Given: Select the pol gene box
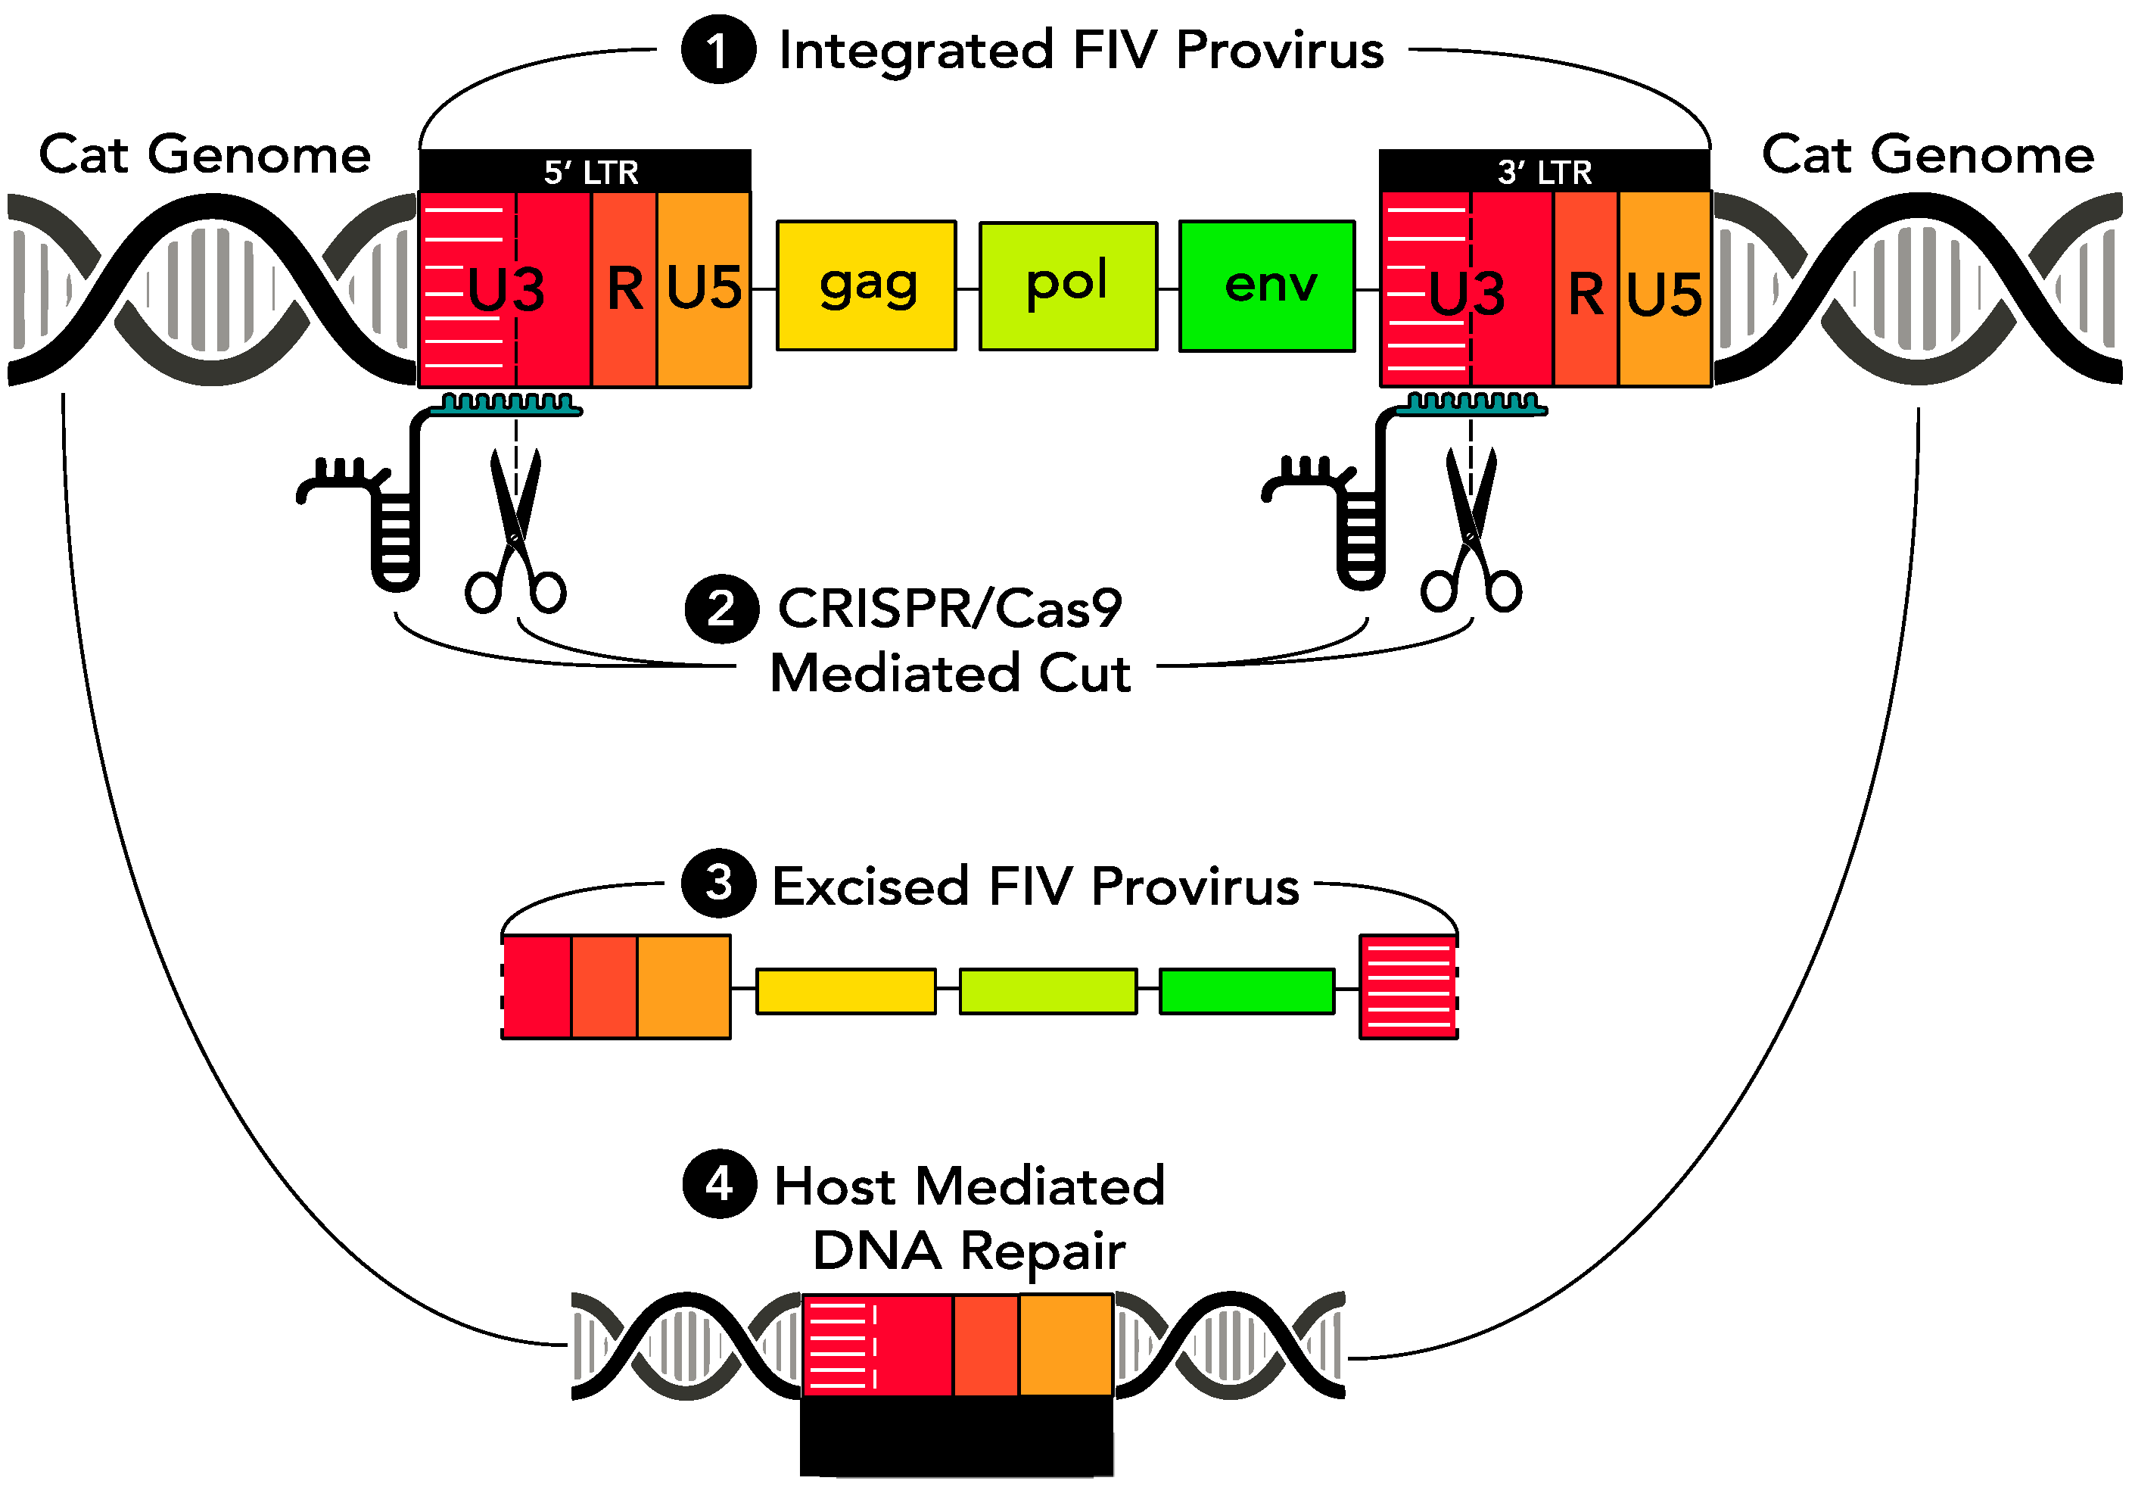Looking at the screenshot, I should pyautogui.click(x=1068, y=286).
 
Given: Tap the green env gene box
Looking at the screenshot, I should pyautogui.click(x=1267, y=286).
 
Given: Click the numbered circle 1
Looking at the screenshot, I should pyautogui.click(x=717, y=50).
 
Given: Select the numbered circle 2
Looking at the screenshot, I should pyautogui.click(x=721, y=609).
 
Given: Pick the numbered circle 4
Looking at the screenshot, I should pyautogui.click(x=720, y=1183).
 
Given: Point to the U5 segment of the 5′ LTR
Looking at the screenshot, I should pyautogui.click(x=704, y=288).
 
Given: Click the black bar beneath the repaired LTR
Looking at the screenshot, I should pyautogui.click(x=957, y=1434).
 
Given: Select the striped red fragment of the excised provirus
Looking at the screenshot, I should pyautogui.click(x=1408, y=987).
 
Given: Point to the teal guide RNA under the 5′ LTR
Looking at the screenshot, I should pyautogui.click(x=506, y=405).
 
